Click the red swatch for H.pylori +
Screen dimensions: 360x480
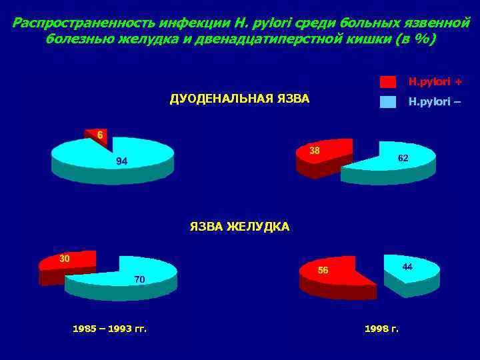(387, 82)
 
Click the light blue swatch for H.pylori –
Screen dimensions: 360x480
(387, 102)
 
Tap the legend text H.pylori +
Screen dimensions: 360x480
(435, 82)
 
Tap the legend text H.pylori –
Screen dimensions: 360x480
(435, 102)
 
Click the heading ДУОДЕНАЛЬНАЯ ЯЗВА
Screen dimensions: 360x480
(239, 99)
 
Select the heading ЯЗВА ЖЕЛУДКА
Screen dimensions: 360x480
(239, 227)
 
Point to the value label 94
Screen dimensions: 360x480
(121, 162)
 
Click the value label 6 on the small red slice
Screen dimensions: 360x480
(99, 135)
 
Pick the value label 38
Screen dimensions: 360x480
(315, 151)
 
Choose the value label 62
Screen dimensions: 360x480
(403, 158)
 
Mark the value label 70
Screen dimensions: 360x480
(139, 279)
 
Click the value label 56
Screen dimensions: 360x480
(323, 270)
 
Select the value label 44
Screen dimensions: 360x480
(407, 266)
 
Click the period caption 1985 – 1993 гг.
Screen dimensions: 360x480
(109, 329)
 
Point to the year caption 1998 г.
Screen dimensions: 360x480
(381, 329)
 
